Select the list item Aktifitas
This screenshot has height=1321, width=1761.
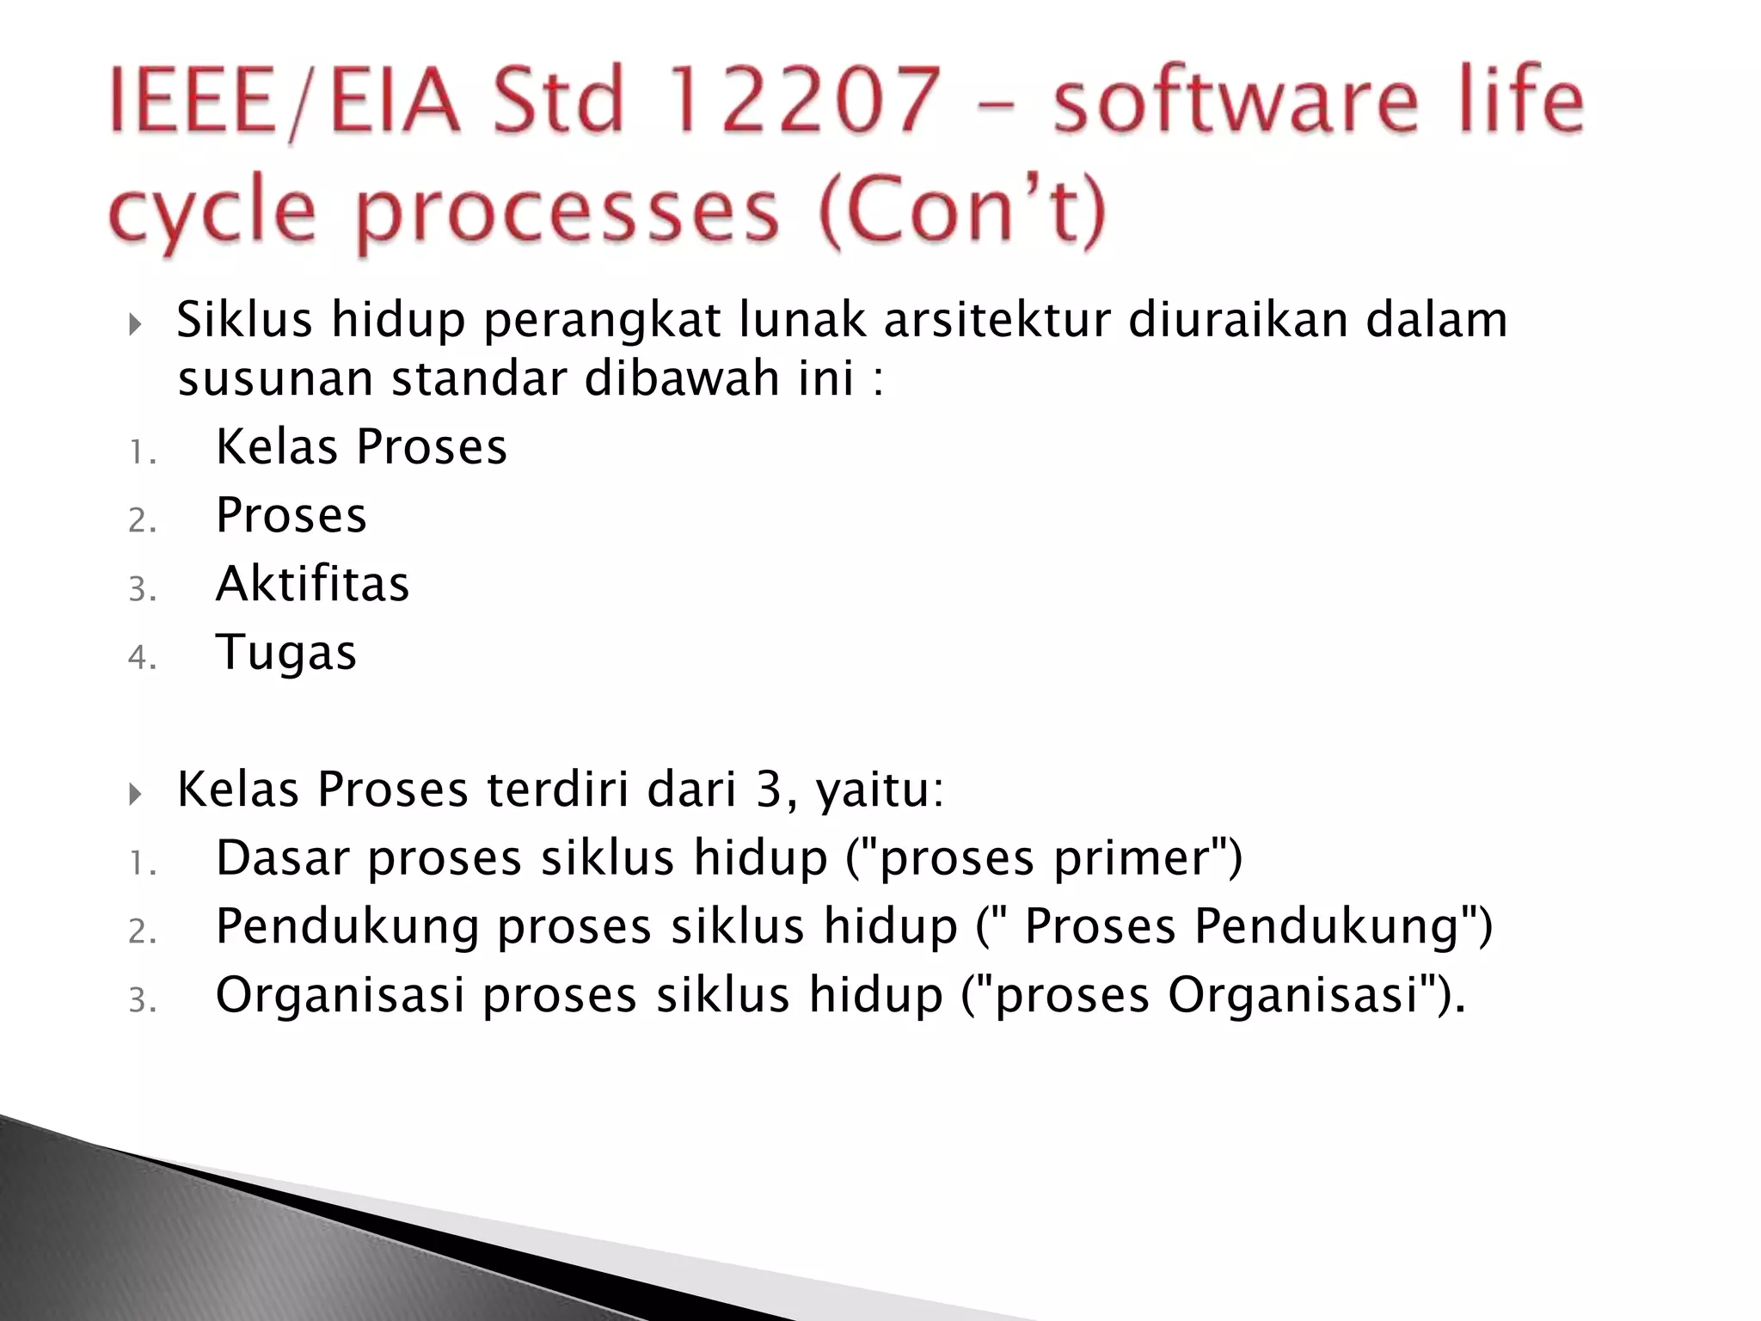click(312, 584)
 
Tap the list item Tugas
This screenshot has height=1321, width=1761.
click(285, 652)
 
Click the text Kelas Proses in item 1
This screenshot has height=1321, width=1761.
click(361, 446)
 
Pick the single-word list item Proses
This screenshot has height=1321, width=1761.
click(291, 515)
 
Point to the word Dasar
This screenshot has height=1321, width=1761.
click(282, 858)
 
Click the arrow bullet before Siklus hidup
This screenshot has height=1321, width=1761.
click(134, 325)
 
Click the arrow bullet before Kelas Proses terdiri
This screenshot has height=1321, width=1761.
click(134, 795)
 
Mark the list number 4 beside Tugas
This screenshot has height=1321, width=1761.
click(141, 659)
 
